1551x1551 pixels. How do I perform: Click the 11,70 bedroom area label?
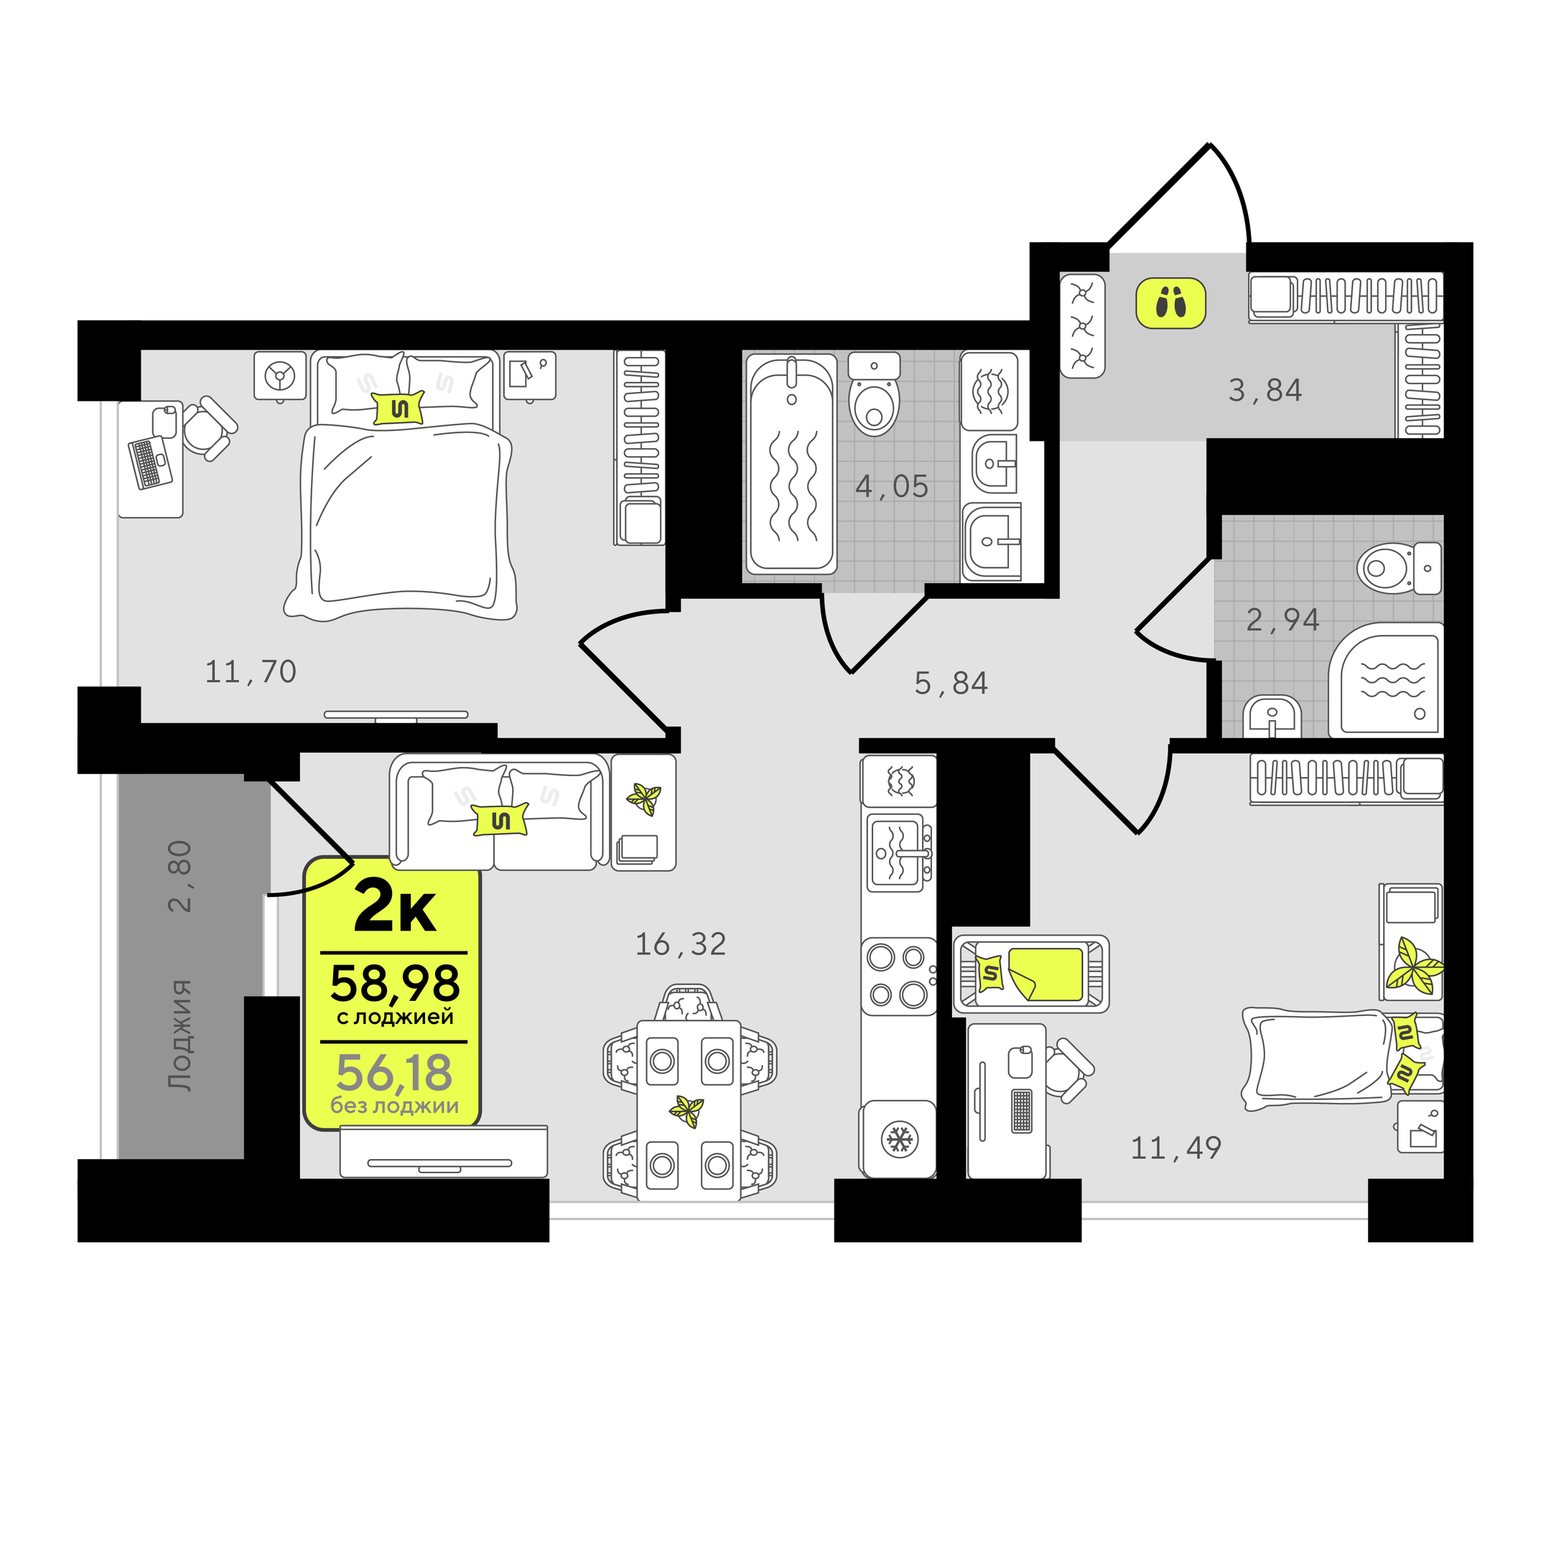[x=251, y=672]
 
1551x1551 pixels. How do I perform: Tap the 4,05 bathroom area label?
[x=891, y=487]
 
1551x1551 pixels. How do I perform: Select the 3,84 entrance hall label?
[x=1265, y=391]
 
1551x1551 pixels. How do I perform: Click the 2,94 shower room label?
[x=1283, y=620]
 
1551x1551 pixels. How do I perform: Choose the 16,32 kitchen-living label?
[x=681, y=945]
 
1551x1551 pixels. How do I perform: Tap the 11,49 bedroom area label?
[x=1176, y=1149]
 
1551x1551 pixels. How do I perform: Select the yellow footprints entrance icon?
[x=1170, y=302]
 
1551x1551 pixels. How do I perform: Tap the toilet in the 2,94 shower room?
[x=1399, y=567]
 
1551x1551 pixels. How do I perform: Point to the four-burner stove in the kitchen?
[x=898, y=977]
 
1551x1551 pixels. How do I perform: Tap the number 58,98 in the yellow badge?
[x=395, y=984]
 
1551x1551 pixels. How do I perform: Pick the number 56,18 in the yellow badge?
[x=394, y=1073]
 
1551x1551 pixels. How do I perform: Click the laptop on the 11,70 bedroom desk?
[x=150, y=462]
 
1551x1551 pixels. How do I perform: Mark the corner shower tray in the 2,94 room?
[x=1387, y=679]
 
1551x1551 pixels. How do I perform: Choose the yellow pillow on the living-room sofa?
[x=501, y=819]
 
